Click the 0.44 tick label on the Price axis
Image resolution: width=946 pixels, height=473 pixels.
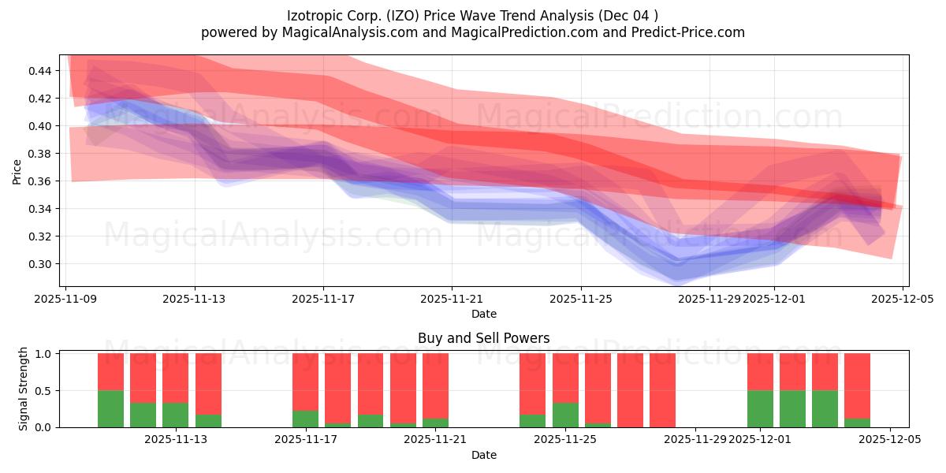pos(40,71)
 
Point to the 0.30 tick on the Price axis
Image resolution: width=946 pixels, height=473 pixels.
pos(40,264)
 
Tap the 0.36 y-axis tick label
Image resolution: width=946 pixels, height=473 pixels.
pos(40,181)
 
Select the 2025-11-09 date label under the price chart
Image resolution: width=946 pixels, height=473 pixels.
pos(66,299)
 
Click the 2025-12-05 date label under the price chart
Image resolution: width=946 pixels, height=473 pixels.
pos(903,299)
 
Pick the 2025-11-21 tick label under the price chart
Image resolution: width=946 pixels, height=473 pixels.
pos(453,299)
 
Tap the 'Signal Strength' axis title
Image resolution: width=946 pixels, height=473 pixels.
pos(24,389)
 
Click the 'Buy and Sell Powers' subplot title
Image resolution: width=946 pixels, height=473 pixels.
pos(483,338)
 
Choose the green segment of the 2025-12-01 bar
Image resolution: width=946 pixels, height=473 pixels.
pos(760,408)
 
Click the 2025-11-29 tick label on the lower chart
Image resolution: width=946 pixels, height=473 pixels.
pos(695,440)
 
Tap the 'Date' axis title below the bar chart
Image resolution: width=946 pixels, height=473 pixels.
pos(483,455)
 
